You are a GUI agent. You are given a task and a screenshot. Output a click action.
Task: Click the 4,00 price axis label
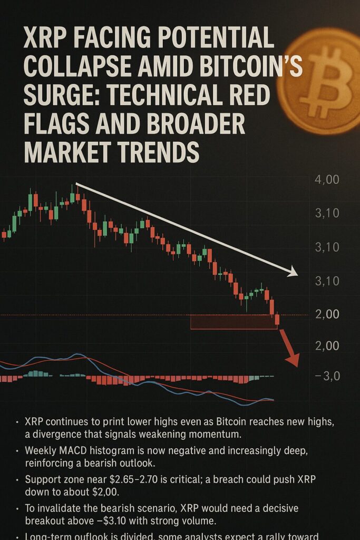pyautogui.click(x=327, y=180)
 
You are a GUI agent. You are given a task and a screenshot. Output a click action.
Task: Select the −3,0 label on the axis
pyautogui.click(x=327, y=376)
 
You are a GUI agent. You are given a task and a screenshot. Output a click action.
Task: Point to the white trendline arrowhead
pyautogui.click(x=291, y=272)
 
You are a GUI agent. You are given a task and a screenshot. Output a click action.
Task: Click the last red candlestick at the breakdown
pyautogui.click(x=277, y=320)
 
